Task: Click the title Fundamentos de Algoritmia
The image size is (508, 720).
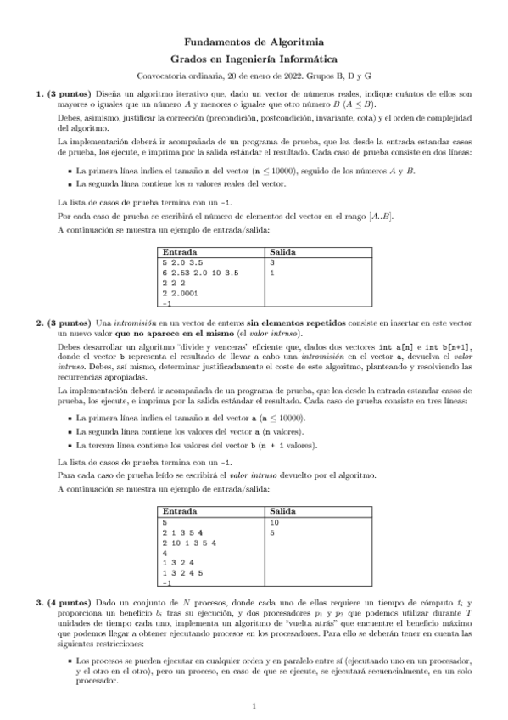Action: coord(254,42)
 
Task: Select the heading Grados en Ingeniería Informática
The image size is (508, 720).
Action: coord(254,59)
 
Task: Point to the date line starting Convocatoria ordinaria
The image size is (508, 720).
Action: coord(254,76)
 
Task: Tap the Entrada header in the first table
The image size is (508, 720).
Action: coord(179,253)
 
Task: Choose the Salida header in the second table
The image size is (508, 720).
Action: coord(282,513)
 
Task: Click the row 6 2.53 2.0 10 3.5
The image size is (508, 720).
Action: coord(200,273)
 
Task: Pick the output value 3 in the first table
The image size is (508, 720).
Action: coord(271,263)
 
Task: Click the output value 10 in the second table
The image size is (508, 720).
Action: coord(274,523)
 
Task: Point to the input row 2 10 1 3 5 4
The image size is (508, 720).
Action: coord(189,543)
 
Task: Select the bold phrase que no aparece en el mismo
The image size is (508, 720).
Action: coord(176,334)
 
